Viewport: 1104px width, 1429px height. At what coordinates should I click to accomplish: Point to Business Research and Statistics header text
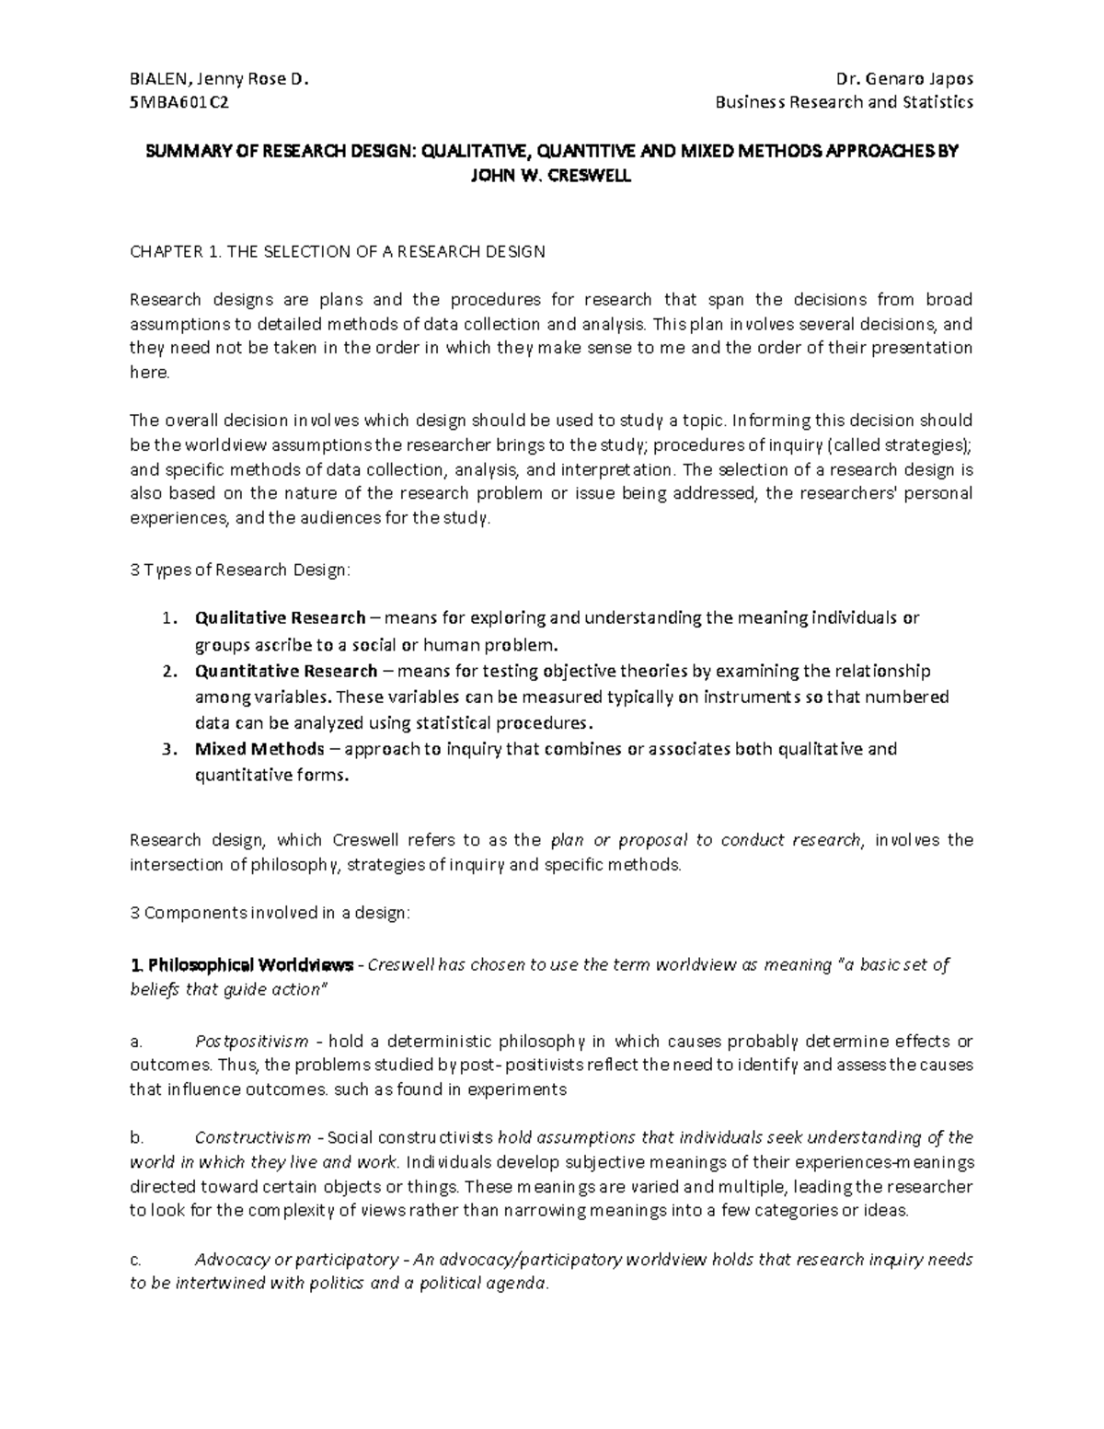[845, 102]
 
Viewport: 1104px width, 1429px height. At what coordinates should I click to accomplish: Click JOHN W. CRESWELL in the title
[551, 177]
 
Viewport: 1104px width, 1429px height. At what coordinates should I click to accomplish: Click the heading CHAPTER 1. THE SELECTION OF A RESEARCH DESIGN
[338, 251]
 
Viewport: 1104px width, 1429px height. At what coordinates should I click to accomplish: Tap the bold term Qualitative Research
[280, 617]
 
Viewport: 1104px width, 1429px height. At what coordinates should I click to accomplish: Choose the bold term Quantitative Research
[286, 671]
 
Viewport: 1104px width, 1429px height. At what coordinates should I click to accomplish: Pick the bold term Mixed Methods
[259, 748]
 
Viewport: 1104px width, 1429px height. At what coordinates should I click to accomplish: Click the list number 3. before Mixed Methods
[167, 748]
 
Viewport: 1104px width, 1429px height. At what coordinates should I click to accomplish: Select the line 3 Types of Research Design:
[240, 570]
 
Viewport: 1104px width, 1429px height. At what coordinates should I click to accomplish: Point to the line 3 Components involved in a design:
[270, 913]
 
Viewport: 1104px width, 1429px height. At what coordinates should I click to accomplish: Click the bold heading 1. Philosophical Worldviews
[242, 965]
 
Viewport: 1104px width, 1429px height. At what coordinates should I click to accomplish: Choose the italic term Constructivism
[253, 1137]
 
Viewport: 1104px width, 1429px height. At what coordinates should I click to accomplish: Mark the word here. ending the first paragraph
[150, 373]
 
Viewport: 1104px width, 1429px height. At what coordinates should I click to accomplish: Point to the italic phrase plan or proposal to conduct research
[706, 839]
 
